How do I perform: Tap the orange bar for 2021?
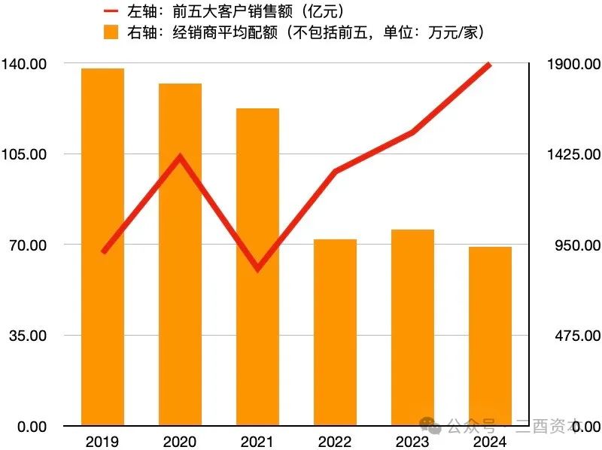[257, 266]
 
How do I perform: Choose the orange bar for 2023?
[412, 327]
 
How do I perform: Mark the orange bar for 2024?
[490, 336]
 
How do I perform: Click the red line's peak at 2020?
[180, 157]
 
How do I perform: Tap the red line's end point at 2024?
[490, 65]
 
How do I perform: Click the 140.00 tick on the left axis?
[25, 65]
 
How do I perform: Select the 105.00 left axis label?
[25, 154]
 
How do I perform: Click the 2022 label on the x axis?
[335, 441]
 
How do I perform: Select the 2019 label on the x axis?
[102, 441]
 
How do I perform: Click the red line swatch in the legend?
[111, 11]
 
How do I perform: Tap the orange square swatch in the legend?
[111, 32]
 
